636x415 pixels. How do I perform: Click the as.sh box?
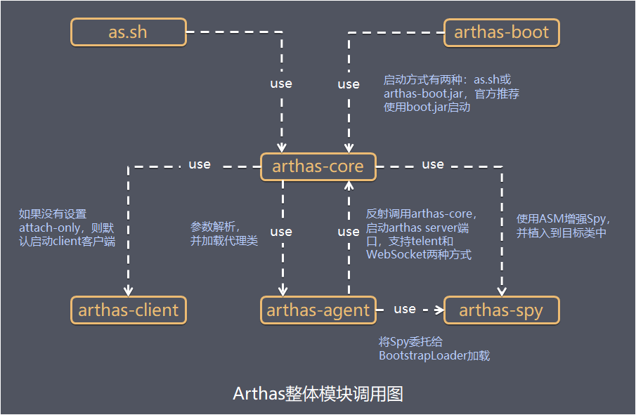pos(129,32)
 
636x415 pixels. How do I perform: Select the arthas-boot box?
pos(502,32)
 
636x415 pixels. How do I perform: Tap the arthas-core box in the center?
pos(318,166)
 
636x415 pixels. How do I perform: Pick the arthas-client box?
pos(129,310)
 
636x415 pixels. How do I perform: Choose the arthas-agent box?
pos(318,310)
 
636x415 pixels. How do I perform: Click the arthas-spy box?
pos(502,310)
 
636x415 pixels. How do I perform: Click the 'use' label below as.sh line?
pos(281,84)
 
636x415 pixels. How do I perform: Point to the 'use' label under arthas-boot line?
pos(349,84)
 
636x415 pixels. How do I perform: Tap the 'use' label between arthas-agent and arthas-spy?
pos(405,309)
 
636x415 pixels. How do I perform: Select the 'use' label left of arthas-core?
pos(200,164)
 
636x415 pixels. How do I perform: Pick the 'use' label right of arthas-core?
pos(433,164)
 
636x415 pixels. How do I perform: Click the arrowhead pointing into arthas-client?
pos(129,291)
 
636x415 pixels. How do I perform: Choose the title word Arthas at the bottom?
pos(259,393)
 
